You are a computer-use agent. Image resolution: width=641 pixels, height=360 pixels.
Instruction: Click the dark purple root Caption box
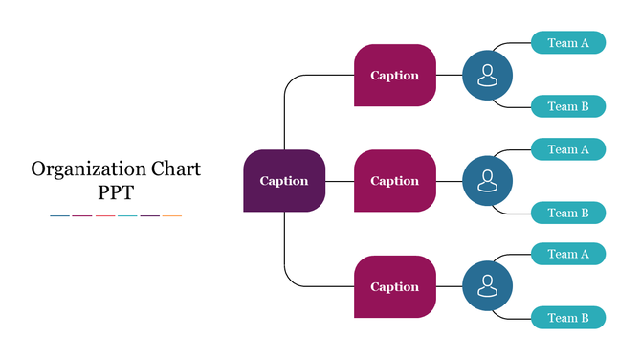[284, 181]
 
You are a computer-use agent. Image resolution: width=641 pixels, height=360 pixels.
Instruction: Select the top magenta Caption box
[394, 75]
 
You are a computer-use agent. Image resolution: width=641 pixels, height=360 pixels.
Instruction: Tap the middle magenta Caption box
[394, 181]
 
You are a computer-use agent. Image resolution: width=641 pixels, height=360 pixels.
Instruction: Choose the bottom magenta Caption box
[394, 286]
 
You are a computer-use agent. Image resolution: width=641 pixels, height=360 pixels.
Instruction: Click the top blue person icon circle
[487, 75]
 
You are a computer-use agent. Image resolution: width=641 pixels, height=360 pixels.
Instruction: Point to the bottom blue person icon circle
[487, 286]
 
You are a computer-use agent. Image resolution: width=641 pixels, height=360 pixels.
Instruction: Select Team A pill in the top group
[568, 43]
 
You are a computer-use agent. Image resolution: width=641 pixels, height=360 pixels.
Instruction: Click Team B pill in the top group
[568, 106]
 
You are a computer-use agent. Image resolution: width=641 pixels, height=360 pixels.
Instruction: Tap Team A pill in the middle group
[568, 149]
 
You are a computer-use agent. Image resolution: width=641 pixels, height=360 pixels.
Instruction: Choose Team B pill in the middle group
[568, 213]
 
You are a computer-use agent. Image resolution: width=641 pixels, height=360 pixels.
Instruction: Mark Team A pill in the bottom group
[568, 255]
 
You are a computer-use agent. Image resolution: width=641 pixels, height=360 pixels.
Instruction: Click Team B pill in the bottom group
[568, 318]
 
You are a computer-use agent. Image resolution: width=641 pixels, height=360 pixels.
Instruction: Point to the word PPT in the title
[116, 192]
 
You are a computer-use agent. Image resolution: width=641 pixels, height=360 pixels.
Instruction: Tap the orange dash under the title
[172, 216]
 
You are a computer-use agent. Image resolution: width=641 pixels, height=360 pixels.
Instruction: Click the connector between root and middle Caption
[340, 181]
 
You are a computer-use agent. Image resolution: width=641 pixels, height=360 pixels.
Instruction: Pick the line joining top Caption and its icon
[449, 75]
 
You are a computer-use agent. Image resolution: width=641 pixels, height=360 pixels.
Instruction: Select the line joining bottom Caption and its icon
[449, 286]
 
